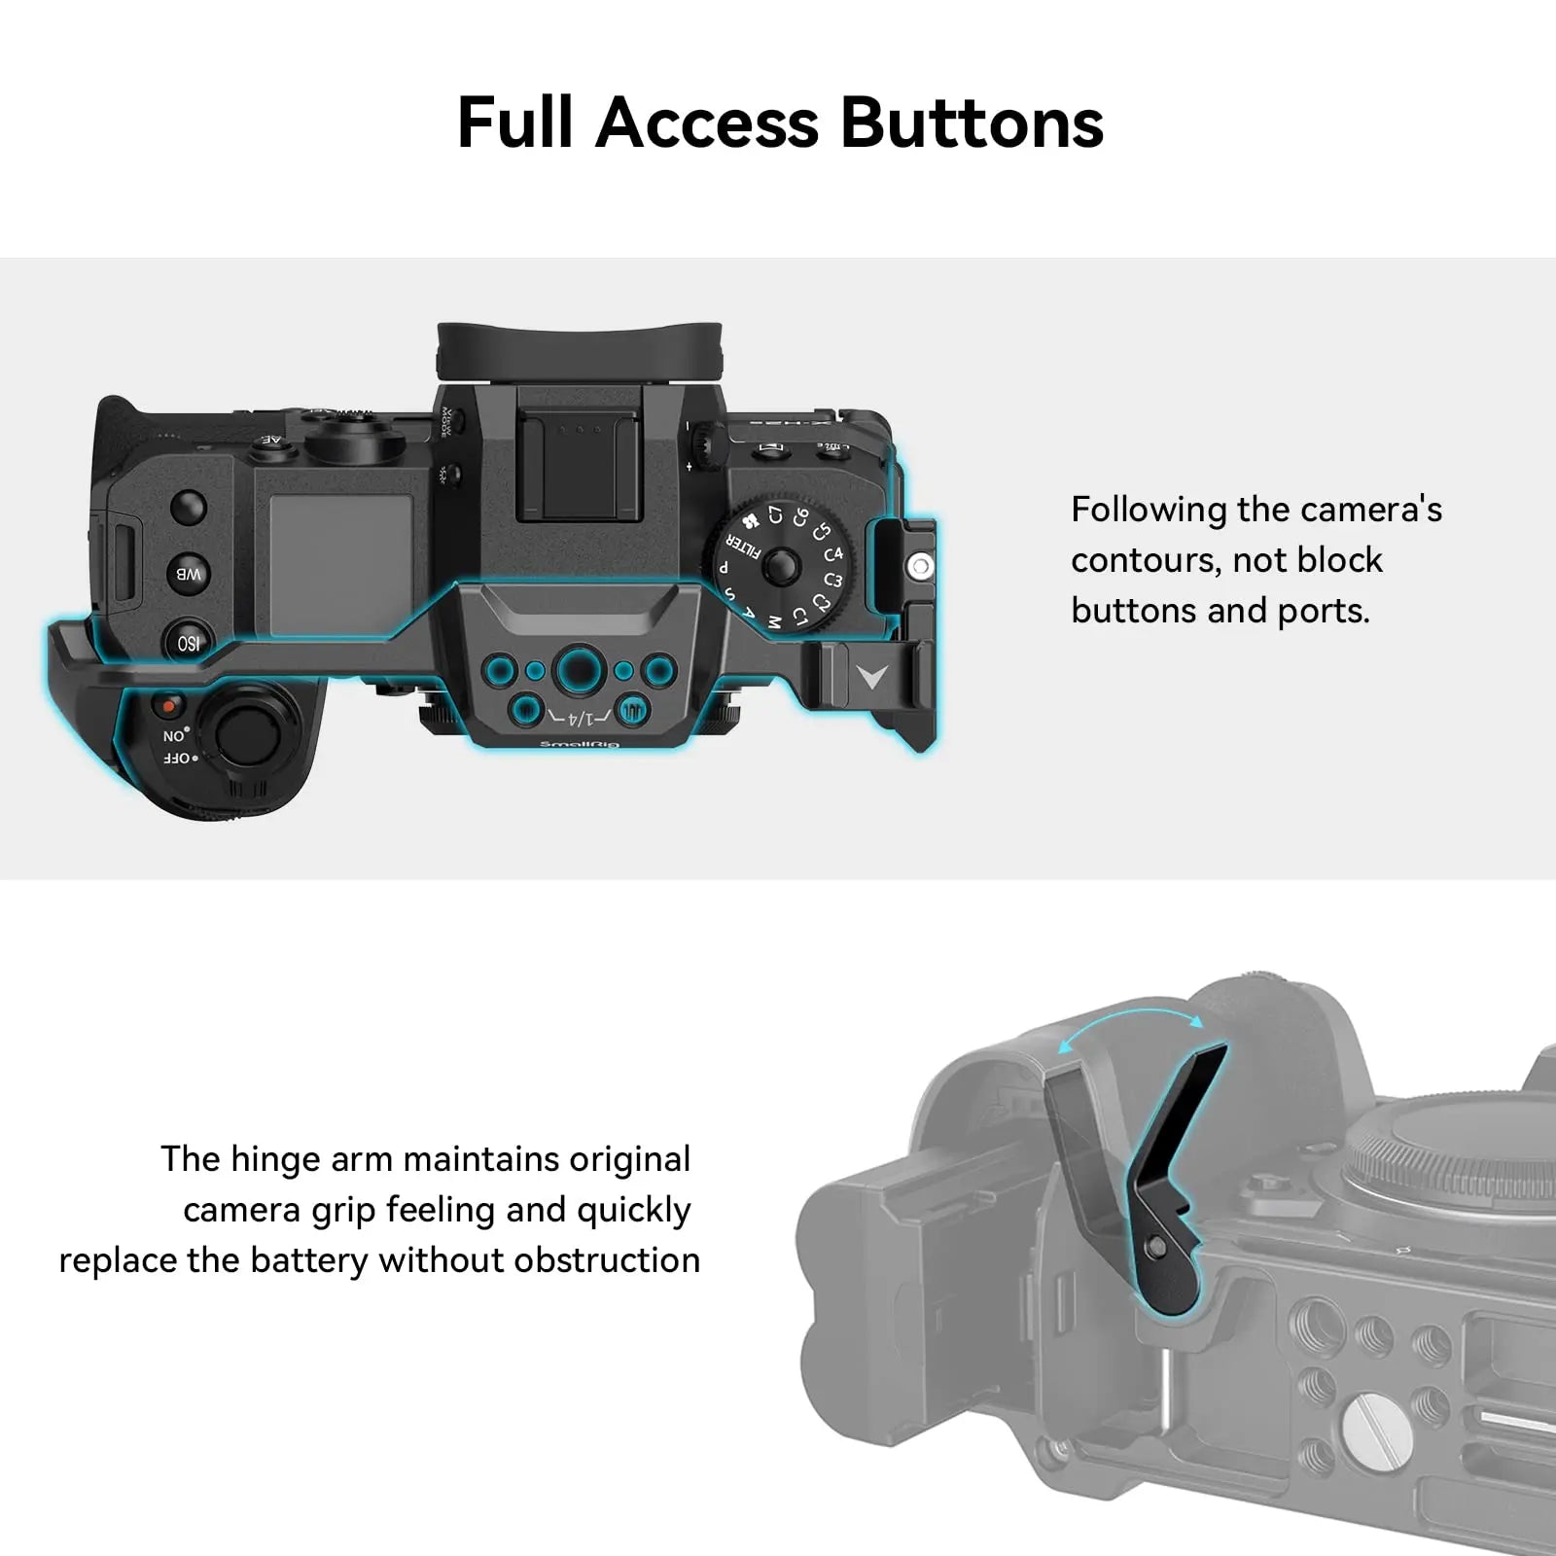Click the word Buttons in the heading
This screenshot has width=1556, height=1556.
tap(972, 124)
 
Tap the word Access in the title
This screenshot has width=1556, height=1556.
tap(707, 124)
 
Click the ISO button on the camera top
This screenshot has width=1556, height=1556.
tap(188, 643)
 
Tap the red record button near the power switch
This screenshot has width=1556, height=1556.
tap(171, 703)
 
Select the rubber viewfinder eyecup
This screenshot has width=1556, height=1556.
tap(580, 350)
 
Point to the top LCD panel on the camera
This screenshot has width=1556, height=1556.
tap(340, 565)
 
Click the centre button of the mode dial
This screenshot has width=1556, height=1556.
tap(781, 564)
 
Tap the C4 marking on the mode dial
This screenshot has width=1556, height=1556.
tap(833, 554)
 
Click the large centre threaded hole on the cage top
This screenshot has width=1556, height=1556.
tap(578, 670)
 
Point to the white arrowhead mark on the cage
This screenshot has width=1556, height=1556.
tap(872, 675)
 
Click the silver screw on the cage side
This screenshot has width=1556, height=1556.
tap(920, 565)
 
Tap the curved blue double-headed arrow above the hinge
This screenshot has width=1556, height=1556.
tap(1131, 1024)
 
